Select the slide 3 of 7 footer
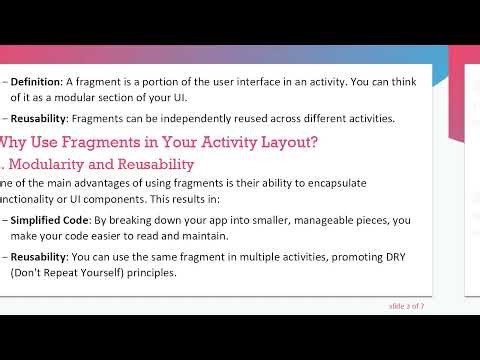[406, 305]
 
